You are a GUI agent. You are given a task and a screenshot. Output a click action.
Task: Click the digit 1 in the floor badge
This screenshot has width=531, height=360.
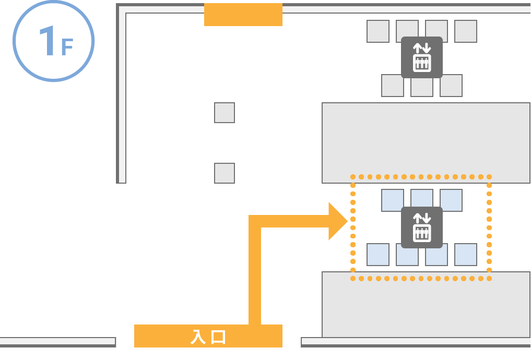pyautogui.click(x=47, y=42)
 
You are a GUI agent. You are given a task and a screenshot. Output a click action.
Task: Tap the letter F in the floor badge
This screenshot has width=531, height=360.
pyautogui.click(x=67, y=47)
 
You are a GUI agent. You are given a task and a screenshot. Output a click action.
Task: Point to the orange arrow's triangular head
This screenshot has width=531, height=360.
pyautogui.click(x=337, y=221)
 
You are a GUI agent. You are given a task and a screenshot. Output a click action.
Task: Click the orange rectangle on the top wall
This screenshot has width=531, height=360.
pyautogui.click(x=243, y=15)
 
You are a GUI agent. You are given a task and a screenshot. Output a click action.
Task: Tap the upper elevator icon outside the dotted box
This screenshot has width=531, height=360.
pyautogui.click(x=422, y=57)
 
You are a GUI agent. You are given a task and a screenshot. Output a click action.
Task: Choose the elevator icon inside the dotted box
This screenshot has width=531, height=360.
pyautogui.click(x=422, y=227)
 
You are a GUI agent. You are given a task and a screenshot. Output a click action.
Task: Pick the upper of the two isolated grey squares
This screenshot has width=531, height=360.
pyautogui.click(x=225, y=113)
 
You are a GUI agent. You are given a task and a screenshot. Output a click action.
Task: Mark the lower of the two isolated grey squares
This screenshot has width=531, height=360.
pyautogui.click(x=225, y=173)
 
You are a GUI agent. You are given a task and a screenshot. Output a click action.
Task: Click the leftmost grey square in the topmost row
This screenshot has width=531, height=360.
pyautogui.click(x=378, y=31)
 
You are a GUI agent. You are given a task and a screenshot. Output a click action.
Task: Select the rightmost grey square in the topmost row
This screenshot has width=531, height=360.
pyautogui.click(x=466, y=31)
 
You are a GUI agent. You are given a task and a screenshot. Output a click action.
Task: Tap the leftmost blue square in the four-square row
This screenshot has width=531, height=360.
pyautogui.click(x=378, y=255)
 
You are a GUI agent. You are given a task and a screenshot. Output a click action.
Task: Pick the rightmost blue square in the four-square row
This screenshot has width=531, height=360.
pyautogui.click(x=466, y=255)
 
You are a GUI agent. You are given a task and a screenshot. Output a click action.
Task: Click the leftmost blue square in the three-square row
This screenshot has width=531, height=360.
pyautogui.click(x=393, y=200)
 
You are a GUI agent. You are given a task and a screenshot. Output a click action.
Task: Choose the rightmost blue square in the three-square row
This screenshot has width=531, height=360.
pyautogui.click(x=451, y=200)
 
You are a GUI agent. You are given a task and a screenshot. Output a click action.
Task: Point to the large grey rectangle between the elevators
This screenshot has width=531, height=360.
pyautogui.click(x=426, y=143)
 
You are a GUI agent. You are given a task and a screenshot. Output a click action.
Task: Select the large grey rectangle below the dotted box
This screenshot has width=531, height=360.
pyautogui.click(x=426, y=305)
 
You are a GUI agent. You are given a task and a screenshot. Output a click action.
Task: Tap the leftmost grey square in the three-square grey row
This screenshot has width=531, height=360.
pyautogui.click(x=393, y=86)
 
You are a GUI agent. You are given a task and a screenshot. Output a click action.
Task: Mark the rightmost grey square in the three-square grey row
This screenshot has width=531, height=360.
pyautogui.click(x=451, y=86)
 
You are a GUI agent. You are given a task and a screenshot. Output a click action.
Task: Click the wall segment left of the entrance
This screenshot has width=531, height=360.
pyautogui.click(x=57, y=342)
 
